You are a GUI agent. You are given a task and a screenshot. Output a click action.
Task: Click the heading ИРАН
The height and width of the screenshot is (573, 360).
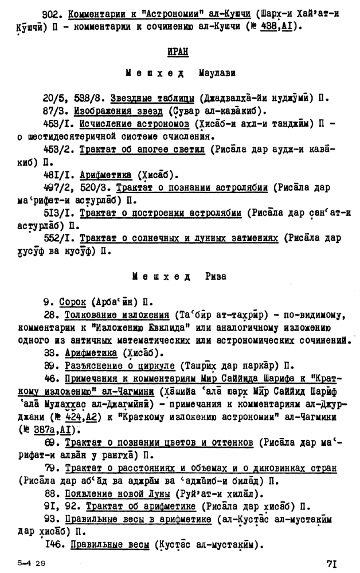[x=178, y=52]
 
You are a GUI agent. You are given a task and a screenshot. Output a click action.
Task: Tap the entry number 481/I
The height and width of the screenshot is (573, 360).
[x=57, y=175]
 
